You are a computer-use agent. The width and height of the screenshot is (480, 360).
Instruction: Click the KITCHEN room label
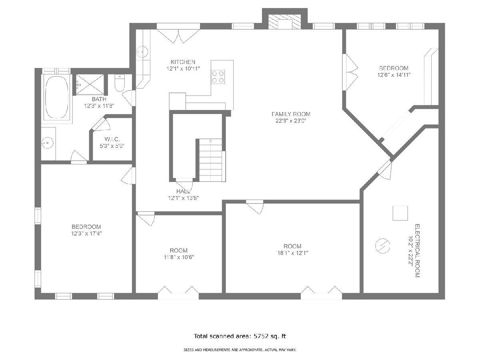[x=183, y=62]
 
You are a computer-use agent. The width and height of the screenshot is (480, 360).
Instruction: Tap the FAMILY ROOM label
[x=291, y=114]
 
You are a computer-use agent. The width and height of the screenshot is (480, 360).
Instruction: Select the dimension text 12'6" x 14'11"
[x=394, y=75]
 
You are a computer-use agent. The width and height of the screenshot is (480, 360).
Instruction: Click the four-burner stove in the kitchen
[x=218, y=77]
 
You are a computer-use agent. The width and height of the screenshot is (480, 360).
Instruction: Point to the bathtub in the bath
[x=57, y=97]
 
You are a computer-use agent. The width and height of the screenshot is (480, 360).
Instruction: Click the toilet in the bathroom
[x=119, y=83]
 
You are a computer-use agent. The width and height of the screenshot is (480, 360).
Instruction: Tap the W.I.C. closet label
[x=112, y=139]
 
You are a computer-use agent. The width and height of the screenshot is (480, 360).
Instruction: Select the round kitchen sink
[x=142, y=52]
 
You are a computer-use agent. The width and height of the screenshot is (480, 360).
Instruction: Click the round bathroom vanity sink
[x=48, y=142]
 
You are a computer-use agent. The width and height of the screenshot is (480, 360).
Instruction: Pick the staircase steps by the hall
[x=210, y=160]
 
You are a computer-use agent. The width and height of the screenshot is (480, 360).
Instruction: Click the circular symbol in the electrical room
[x=382, y=246]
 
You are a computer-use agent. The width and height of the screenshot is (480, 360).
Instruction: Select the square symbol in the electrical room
[x=400, y=213]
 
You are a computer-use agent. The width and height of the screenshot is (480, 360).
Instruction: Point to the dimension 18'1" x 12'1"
[x=292, y=253]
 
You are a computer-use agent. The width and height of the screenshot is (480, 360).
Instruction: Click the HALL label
[x=183, y=191]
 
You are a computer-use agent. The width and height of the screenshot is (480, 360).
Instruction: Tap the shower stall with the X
[x=90, y=84]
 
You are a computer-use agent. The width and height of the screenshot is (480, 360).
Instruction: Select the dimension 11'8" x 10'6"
[x=179, y=257]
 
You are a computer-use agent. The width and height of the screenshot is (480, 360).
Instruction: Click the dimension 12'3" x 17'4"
[x=86, y=234]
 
